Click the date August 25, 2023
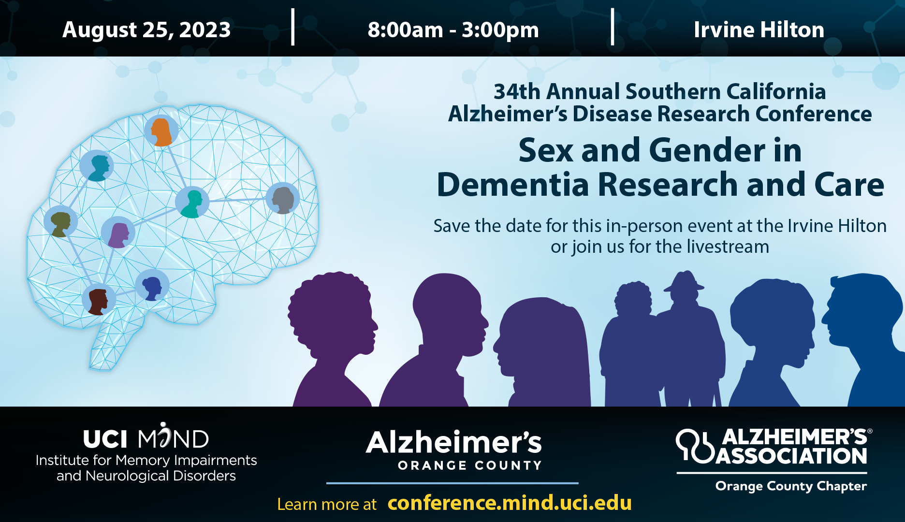[x=146, y=30]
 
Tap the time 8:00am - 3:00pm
[x=453, y=30]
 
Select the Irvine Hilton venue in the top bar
[x=759, y=30]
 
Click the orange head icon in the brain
[x=161, y=131]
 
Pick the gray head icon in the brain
[x=283, y=199]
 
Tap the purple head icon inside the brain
[x=118, y=232]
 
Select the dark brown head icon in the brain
[x=99, y=300]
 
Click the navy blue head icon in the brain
[x=152, y=286]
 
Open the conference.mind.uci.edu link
[x=510, y=503]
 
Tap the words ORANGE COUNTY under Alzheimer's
[x=469, y=465]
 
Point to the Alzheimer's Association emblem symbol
[x=694, y=446]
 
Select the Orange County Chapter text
[x=791, y=486]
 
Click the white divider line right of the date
[x=293, y=27]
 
